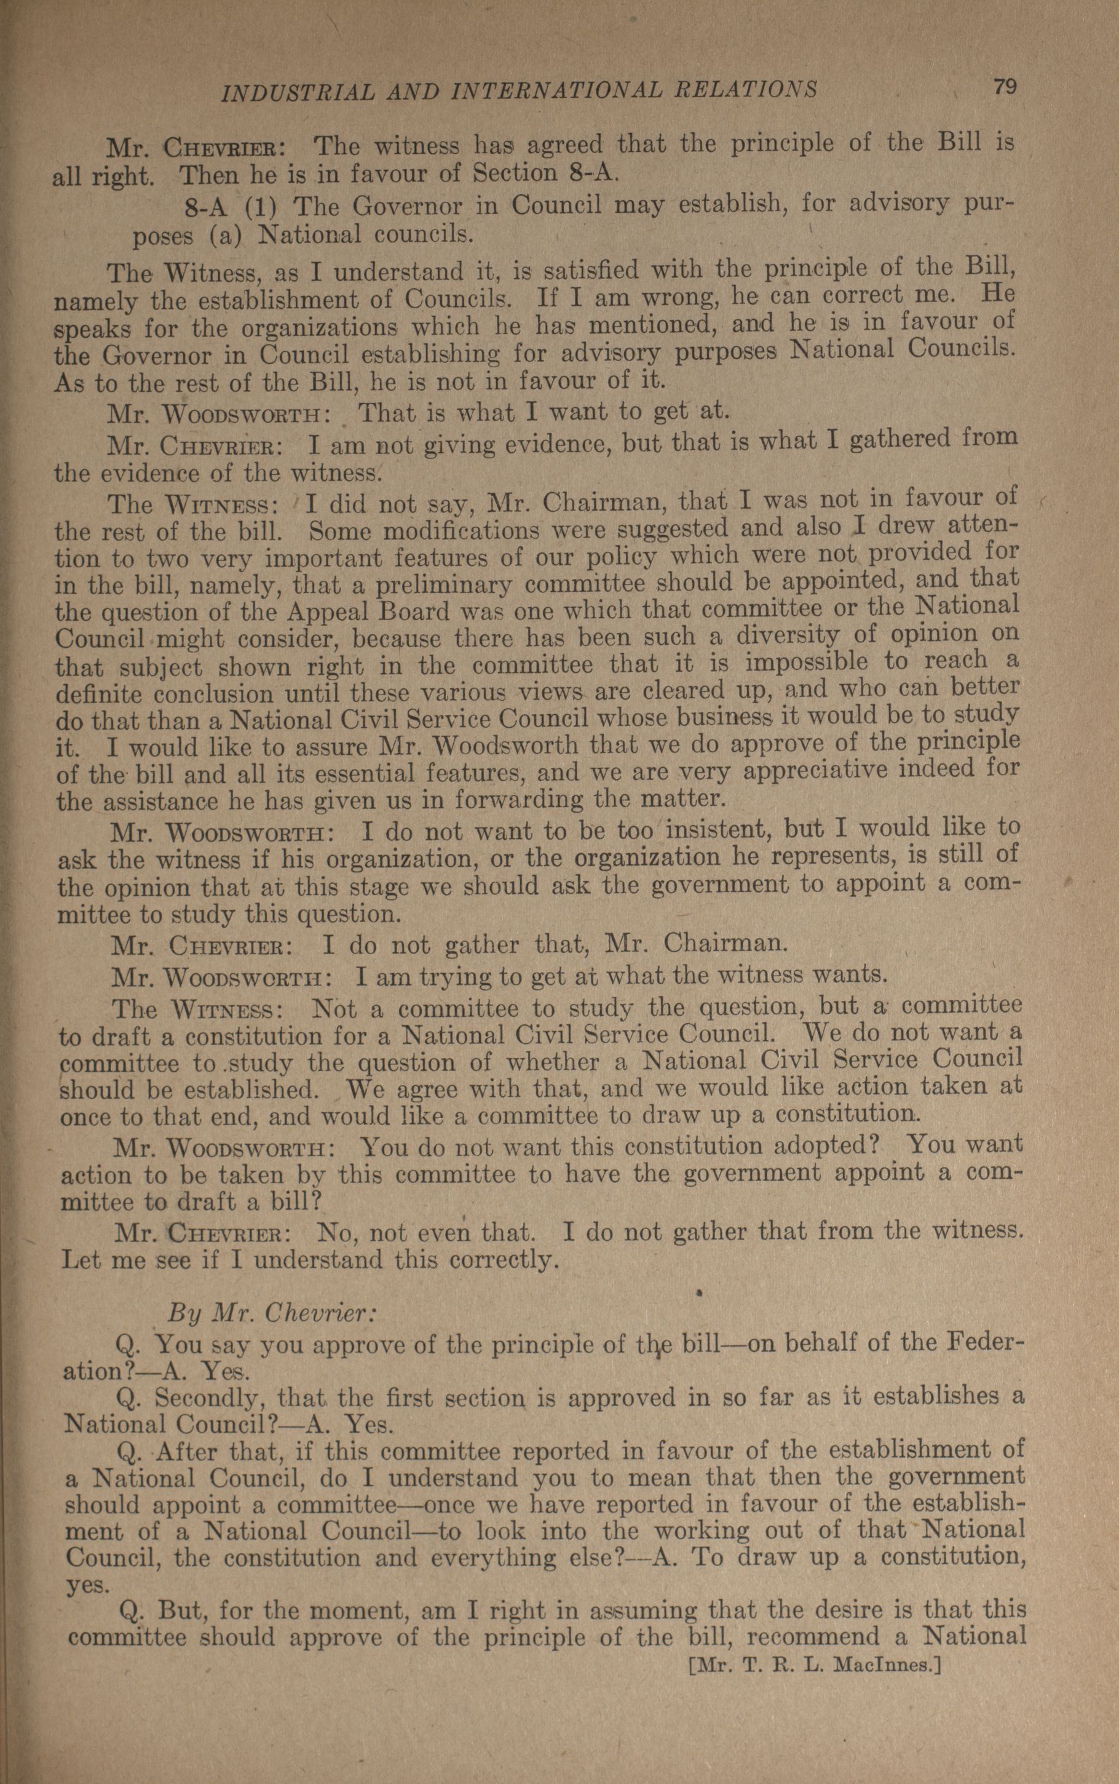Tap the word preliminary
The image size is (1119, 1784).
443,586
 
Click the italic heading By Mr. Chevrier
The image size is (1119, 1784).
274,1313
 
